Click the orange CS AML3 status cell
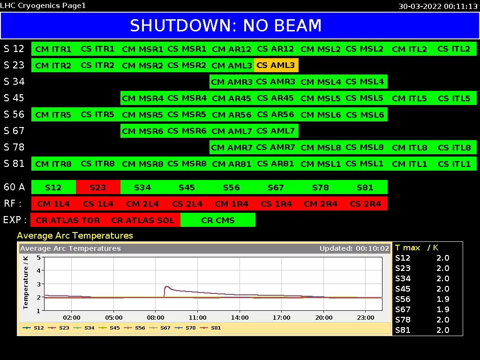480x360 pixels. (276, 65)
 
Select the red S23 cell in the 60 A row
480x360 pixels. (98, 187)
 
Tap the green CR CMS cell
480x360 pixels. (217, 220)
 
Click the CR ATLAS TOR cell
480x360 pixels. (67, 220)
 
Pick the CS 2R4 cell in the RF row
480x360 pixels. (365, 203)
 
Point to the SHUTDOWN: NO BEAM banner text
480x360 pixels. (225, 25)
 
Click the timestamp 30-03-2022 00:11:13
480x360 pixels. (438, 6)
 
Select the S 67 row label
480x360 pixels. (14, 131)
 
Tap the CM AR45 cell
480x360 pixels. (232, 98)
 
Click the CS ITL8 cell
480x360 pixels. (454, 147)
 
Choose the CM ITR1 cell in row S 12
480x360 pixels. (53, 49)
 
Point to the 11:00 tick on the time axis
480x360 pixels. (197, 317)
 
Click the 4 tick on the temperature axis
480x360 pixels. (38, 270)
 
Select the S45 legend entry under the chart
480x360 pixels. (109, 328)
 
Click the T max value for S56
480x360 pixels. (442, 299)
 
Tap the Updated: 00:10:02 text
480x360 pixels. (354, 248)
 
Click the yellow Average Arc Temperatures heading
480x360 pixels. (75, 235)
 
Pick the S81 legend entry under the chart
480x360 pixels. (210, 328)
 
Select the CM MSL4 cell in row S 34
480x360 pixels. (321, 82)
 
